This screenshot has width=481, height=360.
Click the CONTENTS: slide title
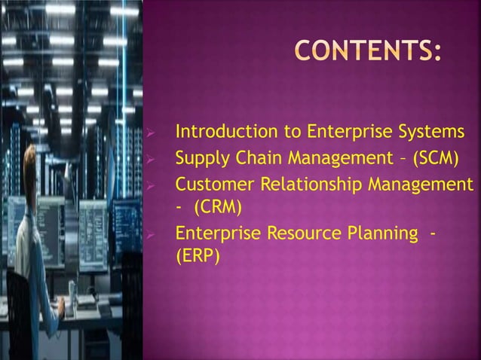(367, 50)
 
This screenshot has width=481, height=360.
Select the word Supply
(200, 159)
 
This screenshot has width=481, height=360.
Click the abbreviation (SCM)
(437, 159)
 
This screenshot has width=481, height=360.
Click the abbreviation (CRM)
(218, 206)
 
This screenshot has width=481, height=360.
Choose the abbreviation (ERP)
(198, 256)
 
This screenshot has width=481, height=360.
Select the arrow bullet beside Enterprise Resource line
(151, 235)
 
